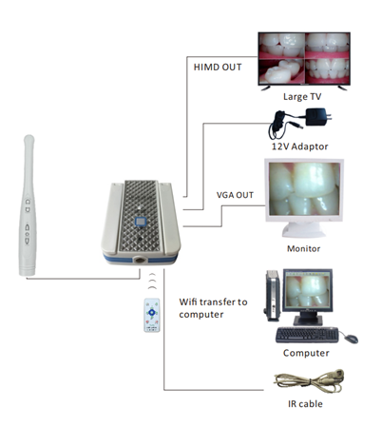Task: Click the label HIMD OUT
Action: click(x=218, y=68)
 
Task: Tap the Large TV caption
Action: click(x=302, y=96)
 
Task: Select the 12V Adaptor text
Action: click(x=299, y=146)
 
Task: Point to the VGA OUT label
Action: click(x=235, y=195)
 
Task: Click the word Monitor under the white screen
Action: click(x=303, y=248)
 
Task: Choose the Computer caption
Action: click(x=306, y=353)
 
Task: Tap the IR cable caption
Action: click(x=305, y=404)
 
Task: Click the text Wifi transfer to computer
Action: click(x=213, y=308)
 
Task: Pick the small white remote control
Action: click(x=152, y=315)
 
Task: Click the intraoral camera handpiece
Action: click(x=28, y=205)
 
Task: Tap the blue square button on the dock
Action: click(x=141, y=222)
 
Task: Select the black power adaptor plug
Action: click(x=317, y=117)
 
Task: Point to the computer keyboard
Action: click(x=307, y=335)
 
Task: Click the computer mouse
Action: click(x=352, y=339)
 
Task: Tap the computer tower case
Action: click(x=273, y=296)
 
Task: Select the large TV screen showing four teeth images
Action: click(x=304, y=58)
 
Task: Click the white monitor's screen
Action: click(x=304, y=188)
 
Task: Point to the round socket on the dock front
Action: click(x=140, y=261)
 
